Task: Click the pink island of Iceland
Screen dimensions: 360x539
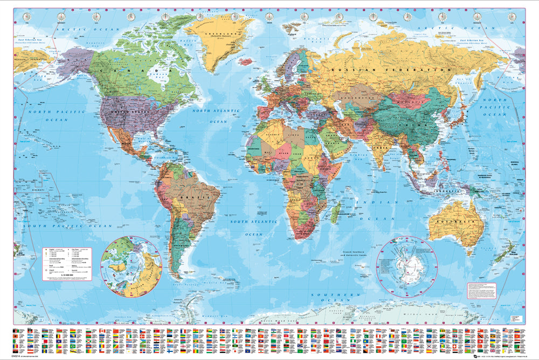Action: (246, 61)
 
